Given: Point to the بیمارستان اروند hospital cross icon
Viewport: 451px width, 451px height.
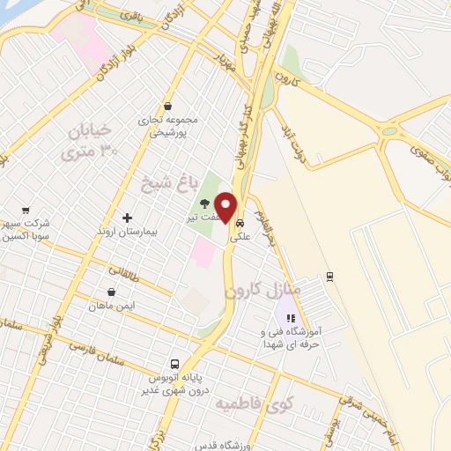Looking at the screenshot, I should click(x=128, y=218).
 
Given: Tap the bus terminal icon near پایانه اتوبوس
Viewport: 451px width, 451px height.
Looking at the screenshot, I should click(x=175, y=365).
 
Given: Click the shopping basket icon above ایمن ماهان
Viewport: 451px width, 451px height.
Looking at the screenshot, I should click(x=112, y=292).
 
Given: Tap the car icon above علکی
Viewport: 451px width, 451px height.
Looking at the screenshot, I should click(x=240, y=224).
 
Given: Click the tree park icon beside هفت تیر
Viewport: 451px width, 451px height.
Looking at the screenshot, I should click(x=205, y=203).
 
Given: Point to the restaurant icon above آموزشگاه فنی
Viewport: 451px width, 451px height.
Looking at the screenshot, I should click(x=292, y=319).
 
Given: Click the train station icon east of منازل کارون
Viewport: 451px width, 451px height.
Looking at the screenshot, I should click(x=329, y=276).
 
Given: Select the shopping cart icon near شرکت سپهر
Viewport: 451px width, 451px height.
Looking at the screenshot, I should click(x=26, y=211).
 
